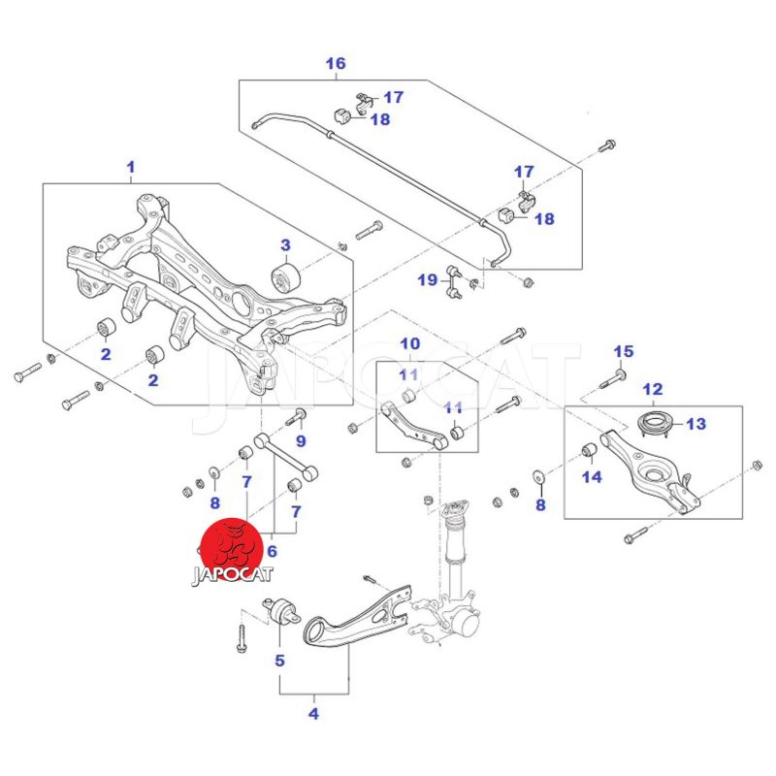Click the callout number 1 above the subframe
[131, 168]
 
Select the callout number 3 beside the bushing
[285, 244]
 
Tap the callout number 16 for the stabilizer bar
[335, 65]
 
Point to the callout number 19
[428, 280]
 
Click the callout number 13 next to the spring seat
[696, 424]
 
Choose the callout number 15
[623, 351]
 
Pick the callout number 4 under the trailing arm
[313, 715]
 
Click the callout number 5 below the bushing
[279, 662]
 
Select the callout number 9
[301, 441]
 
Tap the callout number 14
[592, 476]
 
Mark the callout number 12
[652, 389]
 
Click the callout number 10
[409, 343]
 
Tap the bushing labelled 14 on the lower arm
[588, 451]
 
